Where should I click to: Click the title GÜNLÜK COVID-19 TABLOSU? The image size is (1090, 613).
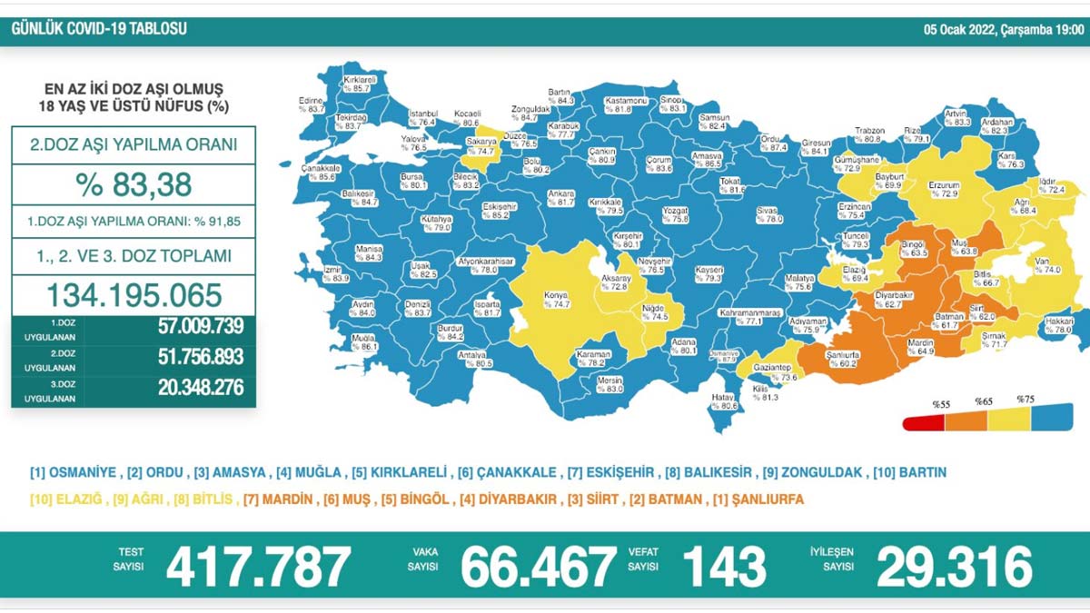(x=99, y=29)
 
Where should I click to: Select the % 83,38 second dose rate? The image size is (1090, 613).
(x=134, y=183)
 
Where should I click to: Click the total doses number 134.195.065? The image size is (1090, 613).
(x=134, y=294)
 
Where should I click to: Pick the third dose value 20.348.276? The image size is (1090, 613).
(x=187, y=389)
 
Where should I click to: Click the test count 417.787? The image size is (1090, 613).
(x=258, y=568)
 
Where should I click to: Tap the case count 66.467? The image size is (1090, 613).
(x=538, y=568)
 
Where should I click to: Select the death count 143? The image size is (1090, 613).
(x=724, y=568)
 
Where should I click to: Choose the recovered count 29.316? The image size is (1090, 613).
(x=955, y=568)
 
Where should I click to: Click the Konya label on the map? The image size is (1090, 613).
(x=554, y=301)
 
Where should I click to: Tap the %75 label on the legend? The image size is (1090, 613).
(x=1025, y=400)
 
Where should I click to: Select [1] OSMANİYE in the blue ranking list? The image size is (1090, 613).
(x=73, y=473)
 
